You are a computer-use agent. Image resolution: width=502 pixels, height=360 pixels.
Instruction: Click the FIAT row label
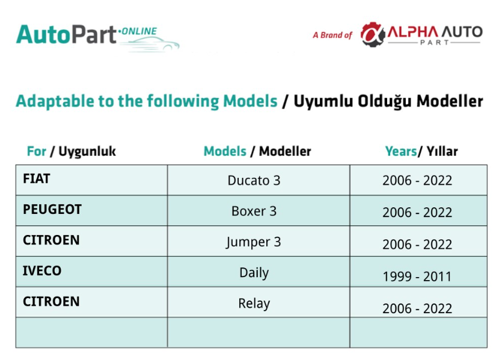pyautogui.click(x=37, y=178)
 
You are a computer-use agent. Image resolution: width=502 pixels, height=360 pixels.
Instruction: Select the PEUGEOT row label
pyautogui.click(x=52, y=209)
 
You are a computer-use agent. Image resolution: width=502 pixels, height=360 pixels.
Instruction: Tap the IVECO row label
pyautogui.click(x=42, y=270)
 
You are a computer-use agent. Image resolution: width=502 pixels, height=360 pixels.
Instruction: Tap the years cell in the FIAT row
pyautogui.click(x=417, y=180)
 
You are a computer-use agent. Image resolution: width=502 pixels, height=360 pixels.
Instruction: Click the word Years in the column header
pyautogui.click(x=401, y=151)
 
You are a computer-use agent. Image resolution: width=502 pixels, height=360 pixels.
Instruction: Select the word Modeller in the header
pyautogui.click(x=285, y=151)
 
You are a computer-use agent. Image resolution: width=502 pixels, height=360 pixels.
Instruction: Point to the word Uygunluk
pyautogui.click(x=87, y=151)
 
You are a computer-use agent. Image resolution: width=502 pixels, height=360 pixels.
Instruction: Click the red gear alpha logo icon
pyautogui.click(x=373, y=35)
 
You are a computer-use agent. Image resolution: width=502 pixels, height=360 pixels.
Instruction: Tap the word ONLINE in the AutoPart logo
pyautogui.click(x=139, y=31)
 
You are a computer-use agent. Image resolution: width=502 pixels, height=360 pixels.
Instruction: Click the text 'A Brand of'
pyautogui.click(x=332, y=35)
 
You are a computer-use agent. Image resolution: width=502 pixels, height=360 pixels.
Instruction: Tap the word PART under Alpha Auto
pyautogui.click(x=435, y=43)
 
